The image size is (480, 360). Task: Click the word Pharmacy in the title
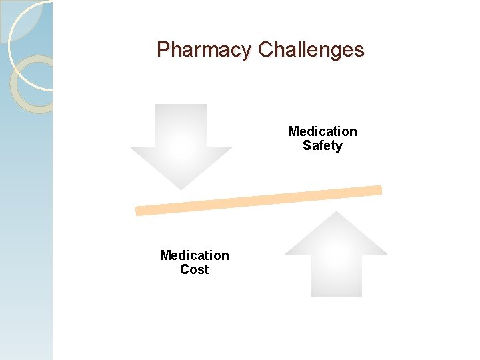(x=203, y=50)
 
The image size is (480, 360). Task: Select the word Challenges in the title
(x=311, y=50)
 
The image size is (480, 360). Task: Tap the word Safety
(x=323, y=145)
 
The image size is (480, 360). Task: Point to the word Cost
(x=195, y=269)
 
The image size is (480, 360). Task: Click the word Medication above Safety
(x=323, y=131)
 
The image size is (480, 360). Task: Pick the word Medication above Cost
(x=195, y=255)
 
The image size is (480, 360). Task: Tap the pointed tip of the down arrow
(x=181, y=188)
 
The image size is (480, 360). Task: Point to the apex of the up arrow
(x=337, y=213)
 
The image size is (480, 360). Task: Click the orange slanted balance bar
(x=259, y=200)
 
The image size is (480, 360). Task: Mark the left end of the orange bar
(x=139, y=211)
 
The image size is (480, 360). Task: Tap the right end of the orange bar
(x=379, y=190)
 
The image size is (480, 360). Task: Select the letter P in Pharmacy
(x=163, y=50)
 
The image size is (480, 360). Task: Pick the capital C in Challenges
(x=265, y=50)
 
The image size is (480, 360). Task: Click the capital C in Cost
(x=185, y=269)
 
